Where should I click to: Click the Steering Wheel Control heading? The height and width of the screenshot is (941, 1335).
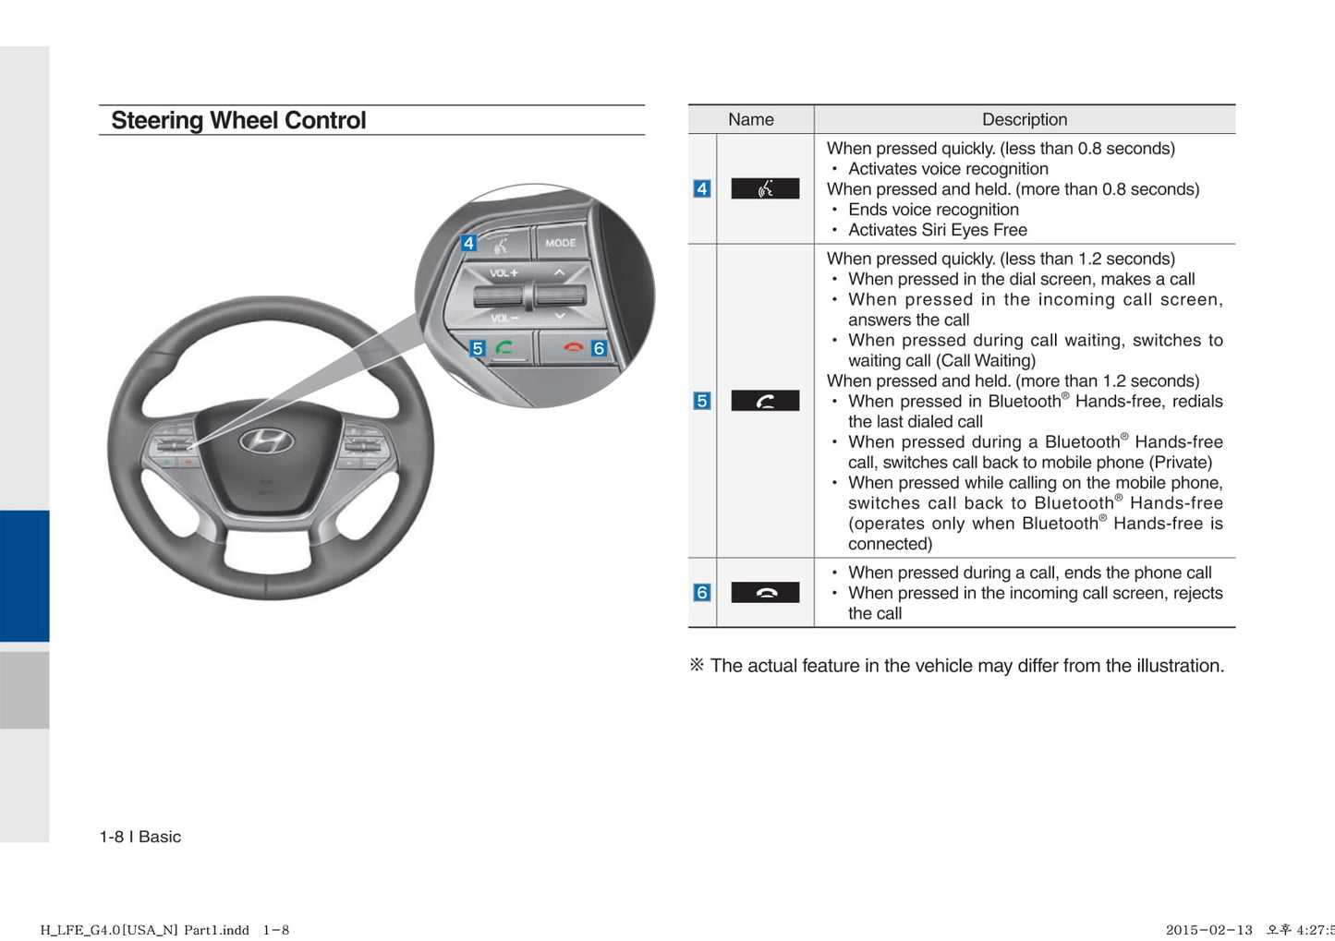[x=238, y=121]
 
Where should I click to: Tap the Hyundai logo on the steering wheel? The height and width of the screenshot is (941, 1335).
[x=266, y=440]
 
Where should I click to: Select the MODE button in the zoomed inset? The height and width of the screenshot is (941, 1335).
[x=560, y=243]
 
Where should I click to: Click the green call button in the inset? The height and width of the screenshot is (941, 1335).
[x=504, y=348]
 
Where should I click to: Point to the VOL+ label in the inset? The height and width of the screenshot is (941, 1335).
[x=504, y=273]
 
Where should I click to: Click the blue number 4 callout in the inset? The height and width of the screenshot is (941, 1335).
[x=468, y=243]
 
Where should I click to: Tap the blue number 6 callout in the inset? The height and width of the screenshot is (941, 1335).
[x=599, y=348]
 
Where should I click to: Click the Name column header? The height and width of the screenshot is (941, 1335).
[x=750, y=119]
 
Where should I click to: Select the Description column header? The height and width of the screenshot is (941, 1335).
[x=1024, y=119]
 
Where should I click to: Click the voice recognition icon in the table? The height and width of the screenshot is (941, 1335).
[x=765, y=188]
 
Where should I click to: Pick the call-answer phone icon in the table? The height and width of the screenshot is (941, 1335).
[x=765, y=401]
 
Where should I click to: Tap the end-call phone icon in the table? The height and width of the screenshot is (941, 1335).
[x=765, y=592]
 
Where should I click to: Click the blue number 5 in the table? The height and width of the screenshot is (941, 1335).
[x=702, y=401]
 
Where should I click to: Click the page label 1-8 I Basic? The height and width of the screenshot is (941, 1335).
[x=140, y=837]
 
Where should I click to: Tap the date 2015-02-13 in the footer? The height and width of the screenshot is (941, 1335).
[x=1208, y=930]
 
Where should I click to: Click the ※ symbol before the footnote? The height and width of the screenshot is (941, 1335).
[x=697, y=665]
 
